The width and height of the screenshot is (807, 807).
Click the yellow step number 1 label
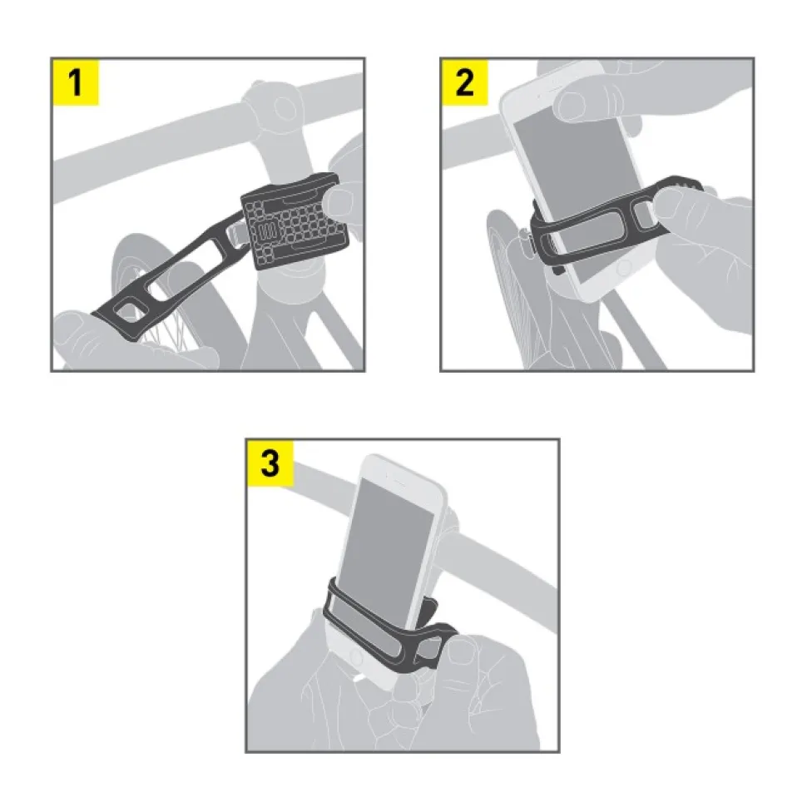point(75,82)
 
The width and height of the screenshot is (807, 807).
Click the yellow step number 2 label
point(465,82)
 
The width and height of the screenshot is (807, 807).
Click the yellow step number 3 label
point(270,463)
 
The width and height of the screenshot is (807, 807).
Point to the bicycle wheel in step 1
point(155,299)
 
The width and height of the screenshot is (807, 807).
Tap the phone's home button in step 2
point(624,267)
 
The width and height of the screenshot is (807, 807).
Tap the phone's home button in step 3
point(355,656)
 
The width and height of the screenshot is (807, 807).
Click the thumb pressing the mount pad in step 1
point(339,201)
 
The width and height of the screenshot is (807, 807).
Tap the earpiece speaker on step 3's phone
point(398,483)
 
